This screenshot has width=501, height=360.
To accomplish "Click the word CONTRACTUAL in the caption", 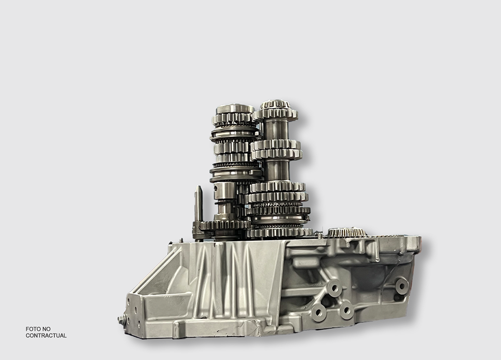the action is (46, 335).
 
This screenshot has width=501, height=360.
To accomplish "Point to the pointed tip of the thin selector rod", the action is (199, 186).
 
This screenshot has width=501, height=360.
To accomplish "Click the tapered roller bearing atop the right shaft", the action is (274, 105).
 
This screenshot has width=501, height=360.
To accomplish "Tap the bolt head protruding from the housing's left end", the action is (121, 319).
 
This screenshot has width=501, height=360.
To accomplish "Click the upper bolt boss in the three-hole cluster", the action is (334, 288).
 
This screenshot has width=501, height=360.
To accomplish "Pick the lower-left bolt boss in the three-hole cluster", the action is (318, 312).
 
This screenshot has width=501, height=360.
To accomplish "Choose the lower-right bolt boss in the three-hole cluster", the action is (346, 310).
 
